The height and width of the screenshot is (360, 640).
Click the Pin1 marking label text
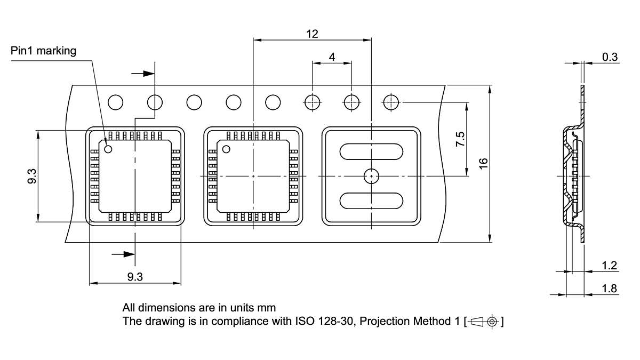[44, 51]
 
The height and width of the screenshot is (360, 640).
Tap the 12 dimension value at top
[312, 34]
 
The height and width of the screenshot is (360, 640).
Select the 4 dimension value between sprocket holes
[332, 57]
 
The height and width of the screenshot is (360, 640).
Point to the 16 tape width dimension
[484, 163]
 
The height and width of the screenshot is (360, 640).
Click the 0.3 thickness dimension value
[610, 57]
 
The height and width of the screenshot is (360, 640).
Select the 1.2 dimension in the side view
[609, 265]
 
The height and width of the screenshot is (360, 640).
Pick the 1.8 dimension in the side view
[609, 289]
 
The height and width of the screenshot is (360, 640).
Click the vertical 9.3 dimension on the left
[32, 176]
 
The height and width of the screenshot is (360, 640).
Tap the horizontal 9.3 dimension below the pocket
[135, 277]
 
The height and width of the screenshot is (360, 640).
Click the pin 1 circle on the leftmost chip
[108, 149]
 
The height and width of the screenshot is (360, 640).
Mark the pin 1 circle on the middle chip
[226, 149]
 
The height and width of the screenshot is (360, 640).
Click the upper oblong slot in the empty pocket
[371, 151]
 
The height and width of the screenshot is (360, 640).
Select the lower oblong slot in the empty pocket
[371, 201]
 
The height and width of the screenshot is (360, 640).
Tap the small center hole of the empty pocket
[371, 175]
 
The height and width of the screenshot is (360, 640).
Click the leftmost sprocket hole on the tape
[116, 101]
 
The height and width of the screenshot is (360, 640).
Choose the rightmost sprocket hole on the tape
[391, 101]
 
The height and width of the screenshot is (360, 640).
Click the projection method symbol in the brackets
[485, 322]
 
